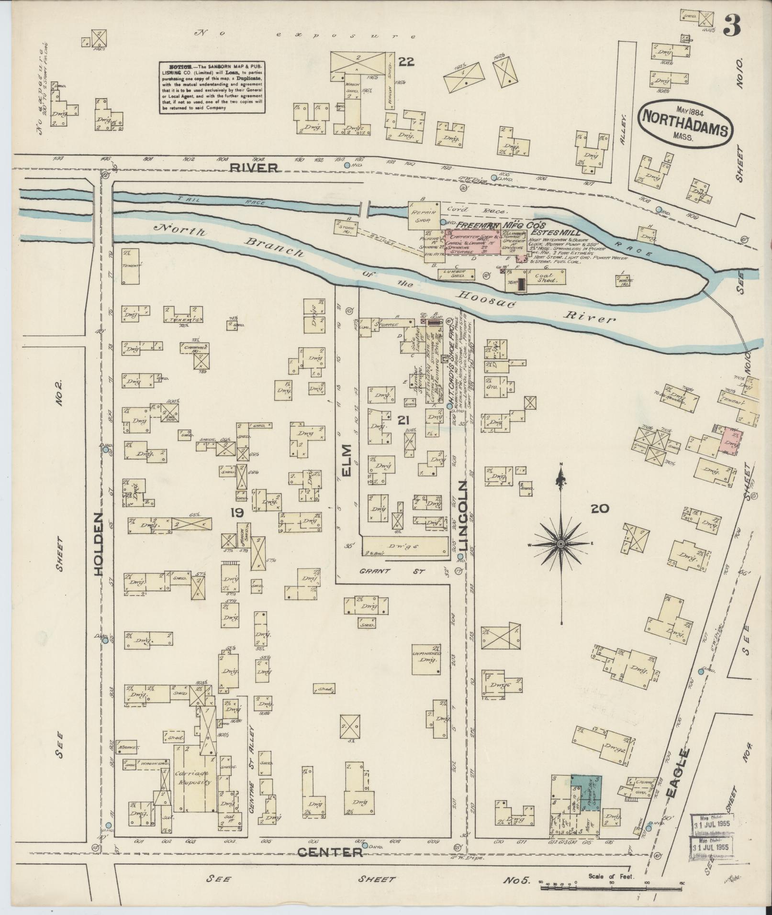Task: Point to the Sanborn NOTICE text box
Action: (213, 87)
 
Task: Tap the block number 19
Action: (237, 513)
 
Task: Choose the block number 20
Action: (599, 508)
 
